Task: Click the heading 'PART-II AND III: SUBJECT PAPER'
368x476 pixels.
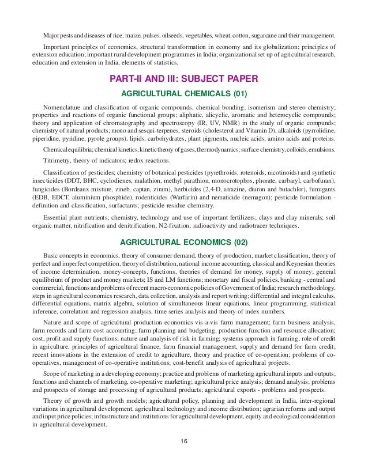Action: (x=183, y=78)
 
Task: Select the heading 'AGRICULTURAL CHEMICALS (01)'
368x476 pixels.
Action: (x=183, y=93)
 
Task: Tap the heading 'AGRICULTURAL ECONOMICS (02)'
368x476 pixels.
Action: (x=183, y=242)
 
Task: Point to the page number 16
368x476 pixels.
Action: (x=183, y=458)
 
